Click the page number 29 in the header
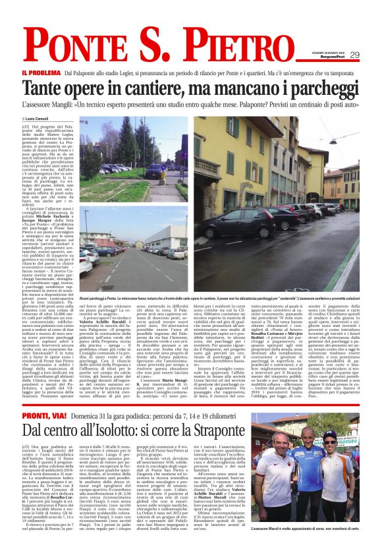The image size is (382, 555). click(354, 55)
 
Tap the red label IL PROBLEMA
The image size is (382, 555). click(41, 73)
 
